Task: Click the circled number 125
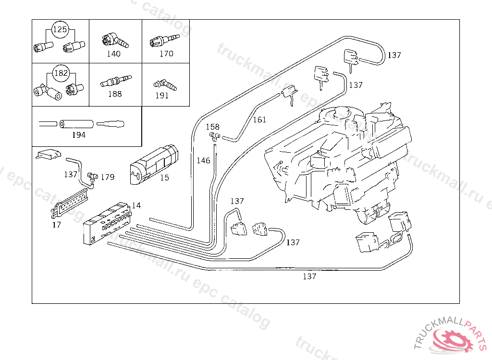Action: [60, 30]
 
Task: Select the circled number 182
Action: [61, 73]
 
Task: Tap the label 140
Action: [113, 54]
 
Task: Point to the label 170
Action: [166, 54]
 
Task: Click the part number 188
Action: [115, 94]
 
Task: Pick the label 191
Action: [162, 96]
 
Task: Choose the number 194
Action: [79, 135]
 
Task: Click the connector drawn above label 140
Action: [115, 41]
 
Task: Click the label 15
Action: [164, 178]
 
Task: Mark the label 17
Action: [57, 224]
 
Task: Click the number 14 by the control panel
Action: [136, 205]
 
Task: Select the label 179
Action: [108, 177]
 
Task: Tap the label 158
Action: [212, 127]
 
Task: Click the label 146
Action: [204, 160]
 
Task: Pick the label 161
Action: [259, 120]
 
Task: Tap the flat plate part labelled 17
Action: [71, 203]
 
